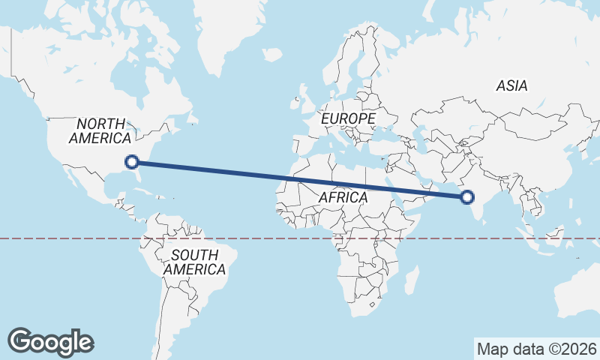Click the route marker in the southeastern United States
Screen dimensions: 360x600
pyautogui.click(x=132, y=161)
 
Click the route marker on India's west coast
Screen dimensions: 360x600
pyautogui.click(x=467, y=197)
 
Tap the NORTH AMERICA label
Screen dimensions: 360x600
pyautogui.click(x=100, y=130)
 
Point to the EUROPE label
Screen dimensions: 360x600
pyautogui.click(x=347, y=118)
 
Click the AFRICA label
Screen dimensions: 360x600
pyautogui.click(x=343, y=197)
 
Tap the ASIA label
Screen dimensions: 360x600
pyautogui.click(x=511, y=85)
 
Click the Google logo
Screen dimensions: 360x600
pyautogui.click(x=50, y=341)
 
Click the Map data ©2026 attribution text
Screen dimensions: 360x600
pyautogui.click(x=536, y=349)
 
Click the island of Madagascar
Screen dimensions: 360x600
pyautogui.click(x=411, y=280)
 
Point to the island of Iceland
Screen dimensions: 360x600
pyautogui.click(x=271, y=55)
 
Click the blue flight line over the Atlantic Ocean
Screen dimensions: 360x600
pyautogui.click(x=225, y=171)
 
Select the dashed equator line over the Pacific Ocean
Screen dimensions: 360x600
pyautogui.click(x=60, y=238)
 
